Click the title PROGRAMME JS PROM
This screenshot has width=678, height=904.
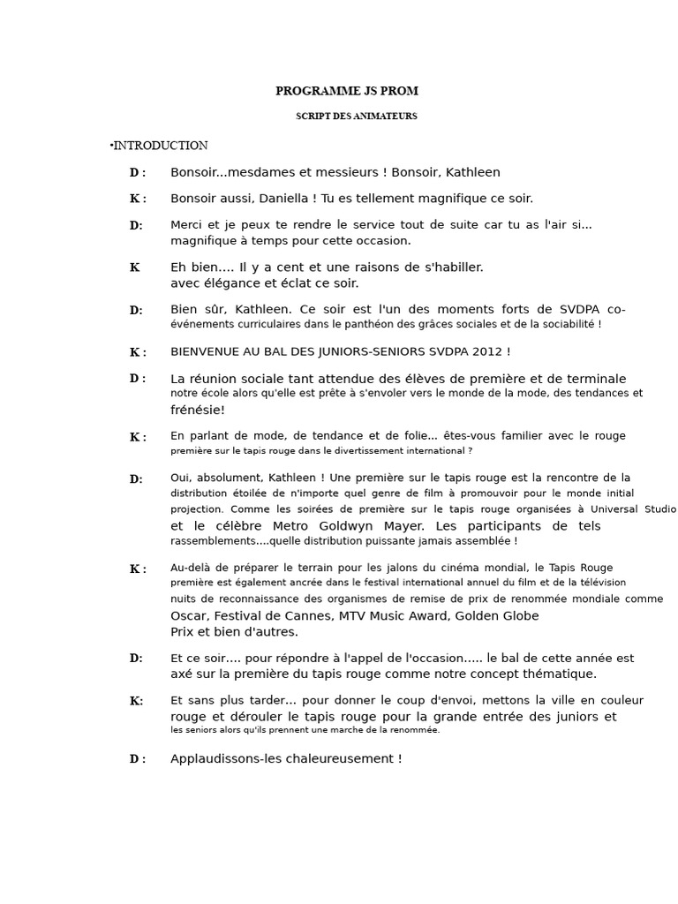click(x=347, y=91)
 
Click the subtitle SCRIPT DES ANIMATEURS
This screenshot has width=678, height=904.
click(x=357, y=117)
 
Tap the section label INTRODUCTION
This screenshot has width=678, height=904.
click(x=161, y=146)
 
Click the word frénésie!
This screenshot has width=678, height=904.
click(x=198, y=410)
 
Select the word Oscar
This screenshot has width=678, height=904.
click(x=189, y=615)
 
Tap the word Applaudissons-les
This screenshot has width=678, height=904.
click(x=224, y=758)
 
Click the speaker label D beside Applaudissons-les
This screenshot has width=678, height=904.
click(x=134, y=759)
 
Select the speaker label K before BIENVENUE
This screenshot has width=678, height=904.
click(x=135, y=352)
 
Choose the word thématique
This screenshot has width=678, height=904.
click(x=558, y=674)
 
